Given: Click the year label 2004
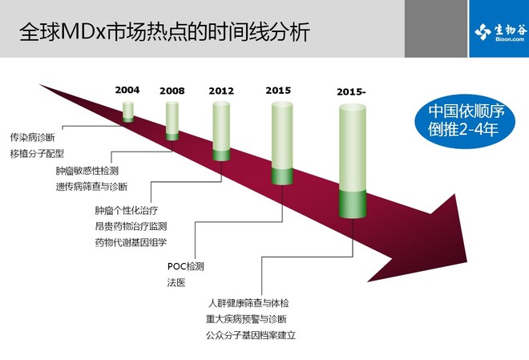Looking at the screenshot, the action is click(x=127, y=90).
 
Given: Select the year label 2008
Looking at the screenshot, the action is click(x=172, y=91).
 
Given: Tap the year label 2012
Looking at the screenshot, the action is click(x=221, y=91).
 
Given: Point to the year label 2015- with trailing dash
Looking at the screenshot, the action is click(x=351, y=91).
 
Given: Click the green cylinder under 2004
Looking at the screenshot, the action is click(x=128, y=111).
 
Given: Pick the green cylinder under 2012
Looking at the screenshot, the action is click(x=221, y=131).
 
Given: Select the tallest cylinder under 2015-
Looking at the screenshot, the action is click(x=353, y=161).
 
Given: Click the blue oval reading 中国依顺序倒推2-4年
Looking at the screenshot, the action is click(x=465, y=121).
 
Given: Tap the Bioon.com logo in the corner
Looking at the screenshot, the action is click(x=499, y=32).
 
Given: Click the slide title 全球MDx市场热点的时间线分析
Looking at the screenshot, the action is click(x=164, y=32).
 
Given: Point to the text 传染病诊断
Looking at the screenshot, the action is click(x=32, y=137).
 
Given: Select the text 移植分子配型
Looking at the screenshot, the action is click(x=37, y=153).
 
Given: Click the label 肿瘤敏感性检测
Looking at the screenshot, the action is click(x=87, y=171).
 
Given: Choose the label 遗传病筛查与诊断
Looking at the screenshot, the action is click(x=91, y=187).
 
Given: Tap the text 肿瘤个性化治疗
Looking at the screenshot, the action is click(x=127, y=211).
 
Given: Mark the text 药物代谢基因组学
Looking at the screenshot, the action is click(x=131, y=242).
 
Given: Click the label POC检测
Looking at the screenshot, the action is click(x=186, y=266).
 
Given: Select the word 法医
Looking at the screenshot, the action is click(x=176, y=283).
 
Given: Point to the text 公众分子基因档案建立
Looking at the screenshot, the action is click(x=251, y=335).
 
